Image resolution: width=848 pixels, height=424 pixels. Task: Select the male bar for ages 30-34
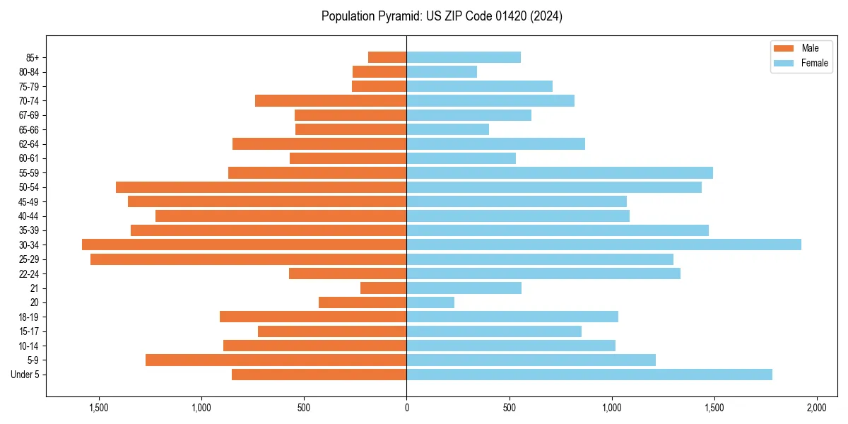(245, 245)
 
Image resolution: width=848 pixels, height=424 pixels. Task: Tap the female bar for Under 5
(589, 375)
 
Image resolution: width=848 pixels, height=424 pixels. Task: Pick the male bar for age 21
(384, 288)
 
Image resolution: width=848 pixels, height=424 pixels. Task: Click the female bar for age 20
(430, 302)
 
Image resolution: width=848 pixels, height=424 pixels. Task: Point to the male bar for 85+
(387, 57)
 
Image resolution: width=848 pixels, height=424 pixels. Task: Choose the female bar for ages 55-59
(560, 172)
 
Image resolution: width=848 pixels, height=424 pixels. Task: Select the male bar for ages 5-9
(276, 360)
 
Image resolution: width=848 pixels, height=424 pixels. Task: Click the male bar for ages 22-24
(348, 273)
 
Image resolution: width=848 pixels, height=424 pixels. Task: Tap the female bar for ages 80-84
(442, 71)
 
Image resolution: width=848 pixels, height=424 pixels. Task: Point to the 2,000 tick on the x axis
(817, 408)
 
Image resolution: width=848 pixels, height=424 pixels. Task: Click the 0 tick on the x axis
(406, 408)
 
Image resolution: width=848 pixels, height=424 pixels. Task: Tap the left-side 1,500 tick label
(98, 408)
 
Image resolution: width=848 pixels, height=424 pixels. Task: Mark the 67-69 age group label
(29, 115)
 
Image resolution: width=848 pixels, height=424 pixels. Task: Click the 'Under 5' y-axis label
(25, 375)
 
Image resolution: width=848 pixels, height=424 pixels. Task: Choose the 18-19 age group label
(29, 317)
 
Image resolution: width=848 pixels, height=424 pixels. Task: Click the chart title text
(442, 16)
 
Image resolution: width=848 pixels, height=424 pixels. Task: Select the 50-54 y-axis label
(29, 187)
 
